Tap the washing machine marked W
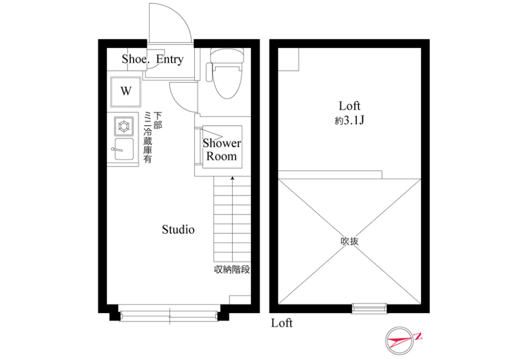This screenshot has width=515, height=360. [x=126, y=91]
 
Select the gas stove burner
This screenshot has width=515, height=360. [x=124, y=126]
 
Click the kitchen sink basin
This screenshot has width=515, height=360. [x=124, y=149]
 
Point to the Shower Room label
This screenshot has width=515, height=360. [x=222, y=149]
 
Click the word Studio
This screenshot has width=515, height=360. [x=178, y=229]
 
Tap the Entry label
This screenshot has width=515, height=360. [x=169, y=59]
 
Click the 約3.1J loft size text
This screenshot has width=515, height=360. [x=350, y=121]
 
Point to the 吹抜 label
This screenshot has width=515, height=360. [x=350, y=241]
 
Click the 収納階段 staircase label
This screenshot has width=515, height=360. [x=232, y=269]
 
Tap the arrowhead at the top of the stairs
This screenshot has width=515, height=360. [x=232, y=178]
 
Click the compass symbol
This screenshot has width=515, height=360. [x=399, y=341]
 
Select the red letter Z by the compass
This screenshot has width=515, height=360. [x=418, y=336]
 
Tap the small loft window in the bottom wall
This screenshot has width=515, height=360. [x=369, y=308]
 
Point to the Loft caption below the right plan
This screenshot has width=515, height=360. [x=282, y=323]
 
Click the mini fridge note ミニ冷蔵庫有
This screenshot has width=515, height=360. [x=148, y=138]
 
